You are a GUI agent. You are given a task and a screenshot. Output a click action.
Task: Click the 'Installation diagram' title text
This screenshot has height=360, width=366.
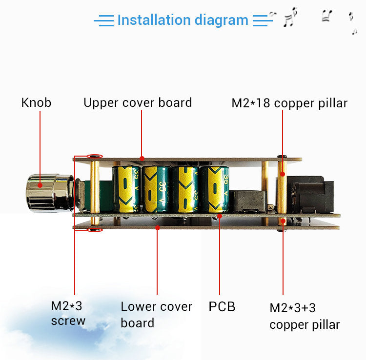183,20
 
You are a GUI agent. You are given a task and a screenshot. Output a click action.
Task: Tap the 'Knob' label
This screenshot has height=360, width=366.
36,103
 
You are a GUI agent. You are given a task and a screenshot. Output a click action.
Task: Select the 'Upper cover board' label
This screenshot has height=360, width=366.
138,103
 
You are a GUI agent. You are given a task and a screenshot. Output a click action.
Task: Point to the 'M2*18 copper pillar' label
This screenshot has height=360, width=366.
289,103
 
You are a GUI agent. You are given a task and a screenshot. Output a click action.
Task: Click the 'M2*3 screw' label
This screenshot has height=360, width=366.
68,313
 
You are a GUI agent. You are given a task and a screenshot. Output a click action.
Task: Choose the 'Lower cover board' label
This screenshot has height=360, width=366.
156,315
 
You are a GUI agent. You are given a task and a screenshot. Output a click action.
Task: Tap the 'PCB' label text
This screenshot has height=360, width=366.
222,307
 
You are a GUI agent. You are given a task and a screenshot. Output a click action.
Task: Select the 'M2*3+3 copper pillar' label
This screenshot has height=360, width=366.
305,316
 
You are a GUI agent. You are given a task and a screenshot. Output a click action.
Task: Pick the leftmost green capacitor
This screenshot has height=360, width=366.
126,189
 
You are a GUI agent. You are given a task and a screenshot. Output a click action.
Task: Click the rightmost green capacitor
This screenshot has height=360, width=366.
213,189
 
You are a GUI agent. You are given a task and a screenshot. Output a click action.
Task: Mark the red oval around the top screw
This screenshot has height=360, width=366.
95,157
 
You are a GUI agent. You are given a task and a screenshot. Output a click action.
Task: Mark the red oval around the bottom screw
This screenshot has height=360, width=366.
95,229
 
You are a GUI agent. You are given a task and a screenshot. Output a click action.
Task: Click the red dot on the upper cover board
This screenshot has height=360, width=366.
142,158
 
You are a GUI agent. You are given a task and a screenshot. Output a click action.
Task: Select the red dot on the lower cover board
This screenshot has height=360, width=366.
157,227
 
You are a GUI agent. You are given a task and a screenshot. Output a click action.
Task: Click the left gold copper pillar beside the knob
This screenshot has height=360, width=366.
95,188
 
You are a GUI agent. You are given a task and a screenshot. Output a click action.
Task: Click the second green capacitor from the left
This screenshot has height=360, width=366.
156,189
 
